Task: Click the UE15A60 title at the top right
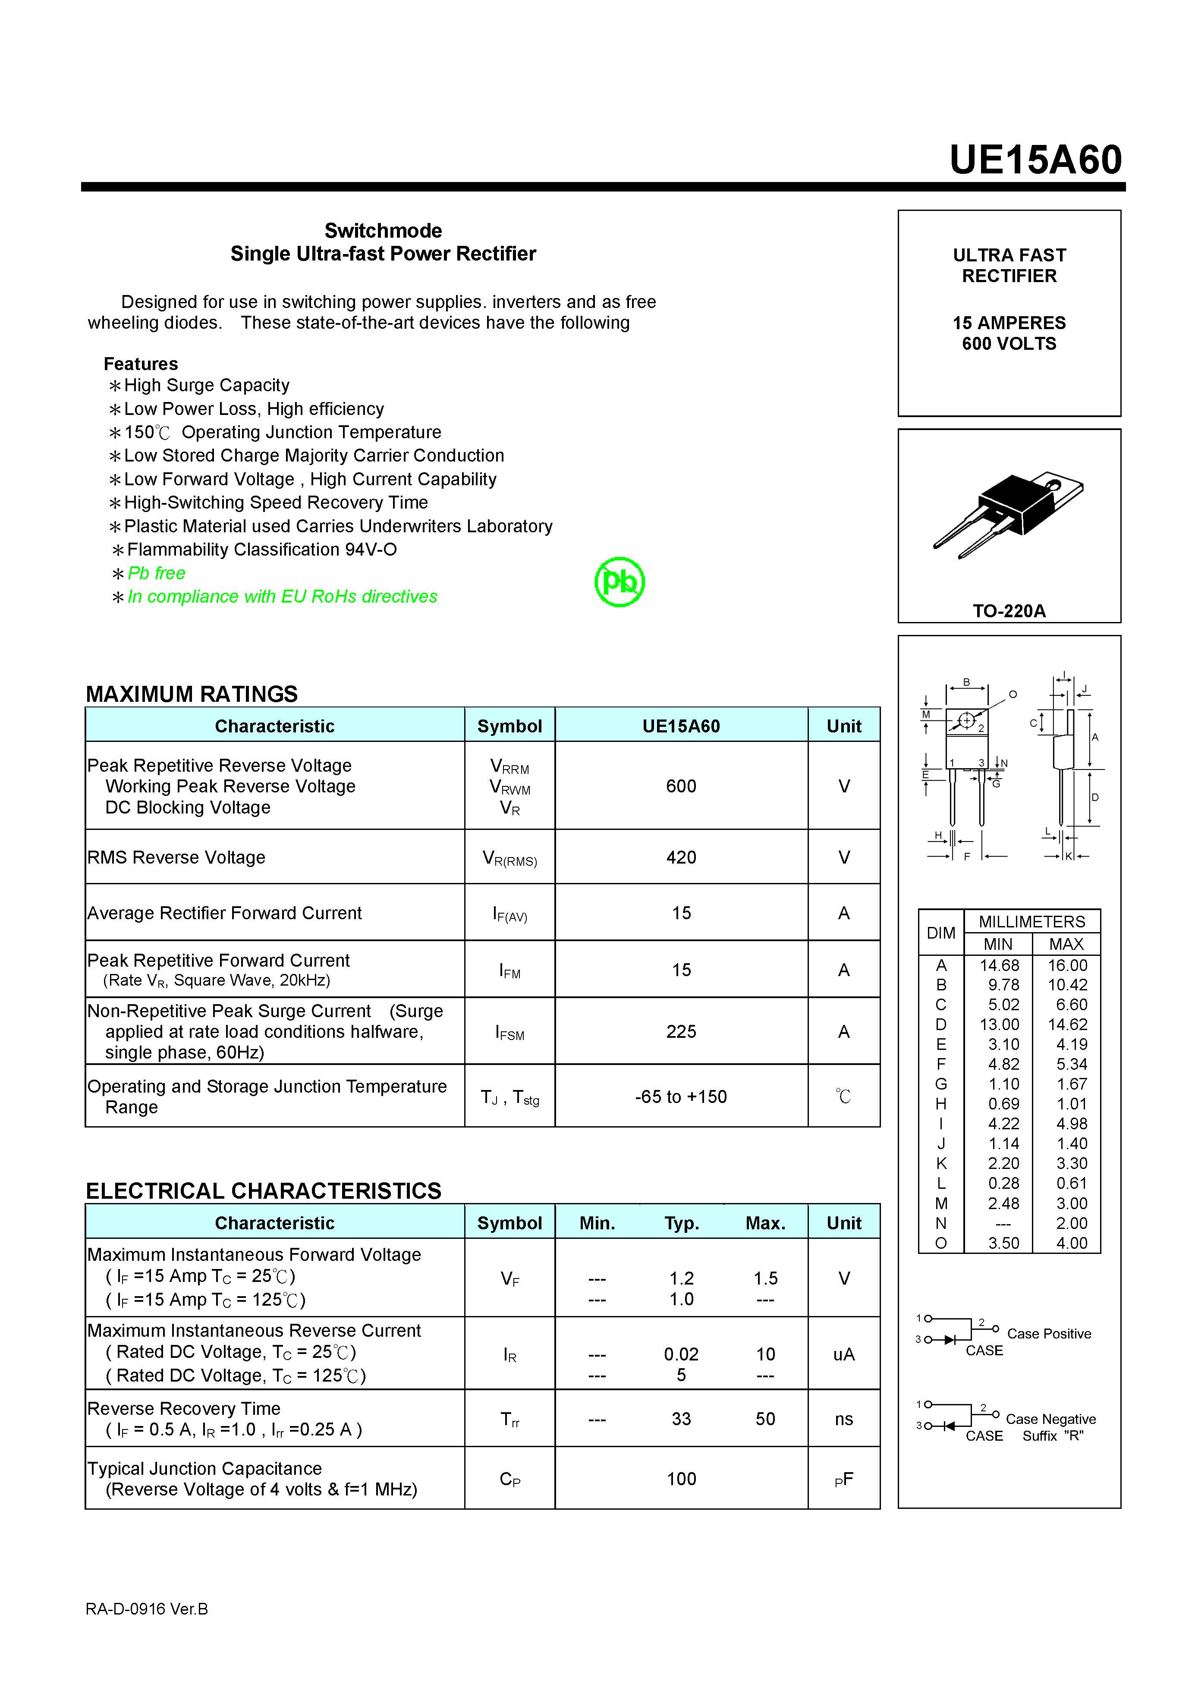tap(1035, 160)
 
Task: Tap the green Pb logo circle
tap(619, 581)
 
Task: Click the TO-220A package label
tap(1009, 611)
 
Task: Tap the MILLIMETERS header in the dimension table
tap(1031, 921)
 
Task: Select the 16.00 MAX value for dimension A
tap(1067, 965)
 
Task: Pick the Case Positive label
tap(1048, 1334)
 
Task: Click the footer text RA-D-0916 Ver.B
tap(147, 1609)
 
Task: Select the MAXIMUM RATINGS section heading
tap(192, 694)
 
